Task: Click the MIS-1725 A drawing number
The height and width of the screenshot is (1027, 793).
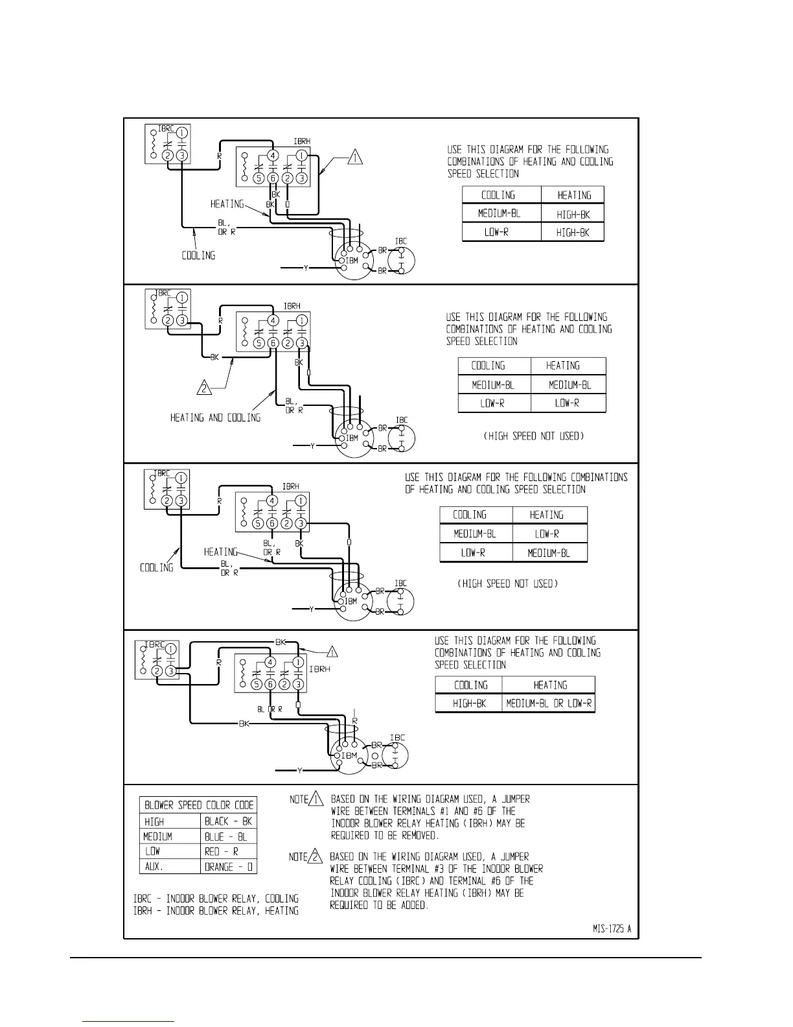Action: [611, 928]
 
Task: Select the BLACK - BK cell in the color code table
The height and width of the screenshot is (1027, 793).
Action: [228, 821]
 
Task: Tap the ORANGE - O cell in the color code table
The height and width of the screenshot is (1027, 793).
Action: [228, 866]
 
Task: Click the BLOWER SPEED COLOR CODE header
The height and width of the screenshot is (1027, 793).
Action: [198, 805]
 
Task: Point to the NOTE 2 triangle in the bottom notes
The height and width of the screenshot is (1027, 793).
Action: [315, 856]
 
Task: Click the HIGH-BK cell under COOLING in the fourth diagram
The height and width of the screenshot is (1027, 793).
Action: [468, 703]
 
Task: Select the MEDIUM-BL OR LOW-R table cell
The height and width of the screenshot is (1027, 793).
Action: [548, 703]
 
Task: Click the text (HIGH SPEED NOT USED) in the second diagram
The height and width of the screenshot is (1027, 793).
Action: [533, 436]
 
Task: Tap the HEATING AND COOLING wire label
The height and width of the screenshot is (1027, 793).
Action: [215, 418]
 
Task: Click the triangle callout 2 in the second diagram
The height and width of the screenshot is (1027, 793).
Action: [205, 389]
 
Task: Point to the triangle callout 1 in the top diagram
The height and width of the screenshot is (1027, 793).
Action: [354, 157]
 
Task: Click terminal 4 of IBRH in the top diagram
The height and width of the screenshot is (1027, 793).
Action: [273, 156]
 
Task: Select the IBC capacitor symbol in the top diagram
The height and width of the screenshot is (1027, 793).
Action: [401, 260]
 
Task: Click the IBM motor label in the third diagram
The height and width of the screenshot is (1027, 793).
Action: [351, 601]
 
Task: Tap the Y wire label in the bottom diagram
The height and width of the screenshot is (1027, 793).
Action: [299, 770]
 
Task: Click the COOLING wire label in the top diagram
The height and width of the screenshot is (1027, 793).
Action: [198, 255]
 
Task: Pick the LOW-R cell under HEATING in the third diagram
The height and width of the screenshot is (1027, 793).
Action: [547, 534]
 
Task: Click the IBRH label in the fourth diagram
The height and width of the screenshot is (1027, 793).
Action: [318, 669]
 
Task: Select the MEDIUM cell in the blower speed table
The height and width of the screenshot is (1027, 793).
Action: [157, 836]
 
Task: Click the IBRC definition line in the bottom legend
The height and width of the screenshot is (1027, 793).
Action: [216, 899]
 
